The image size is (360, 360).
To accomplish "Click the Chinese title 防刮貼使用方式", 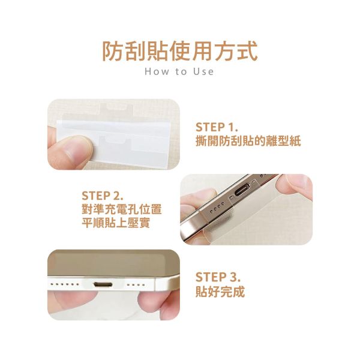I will click(x=180, y=50).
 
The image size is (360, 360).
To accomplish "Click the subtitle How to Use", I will click(x=180, y=71).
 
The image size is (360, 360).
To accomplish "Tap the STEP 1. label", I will click(x=217, y=127).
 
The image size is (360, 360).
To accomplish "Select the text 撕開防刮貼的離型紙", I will click(x=248, y=142).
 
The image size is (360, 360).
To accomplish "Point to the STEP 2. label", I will click(x=103, y=196).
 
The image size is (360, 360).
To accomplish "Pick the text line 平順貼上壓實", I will click(x=115, y=224).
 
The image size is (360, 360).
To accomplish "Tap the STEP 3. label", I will click(x=217, y=278).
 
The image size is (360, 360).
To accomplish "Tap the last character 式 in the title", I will click(x=246, y=50).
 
